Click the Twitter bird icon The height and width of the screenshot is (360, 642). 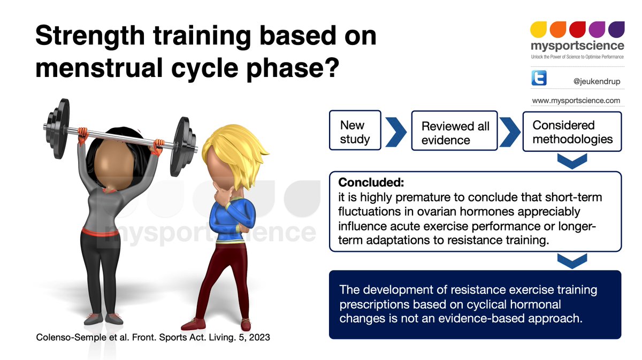click(539, 79)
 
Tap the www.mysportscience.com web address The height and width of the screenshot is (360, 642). click(576, 101)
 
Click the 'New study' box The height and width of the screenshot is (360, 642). click(355, 132)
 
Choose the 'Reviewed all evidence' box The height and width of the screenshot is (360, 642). click(455, 133)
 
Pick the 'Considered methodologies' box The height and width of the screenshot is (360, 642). click(571, 132)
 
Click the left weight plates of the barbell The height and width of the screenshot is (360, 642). click(57, 126)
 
